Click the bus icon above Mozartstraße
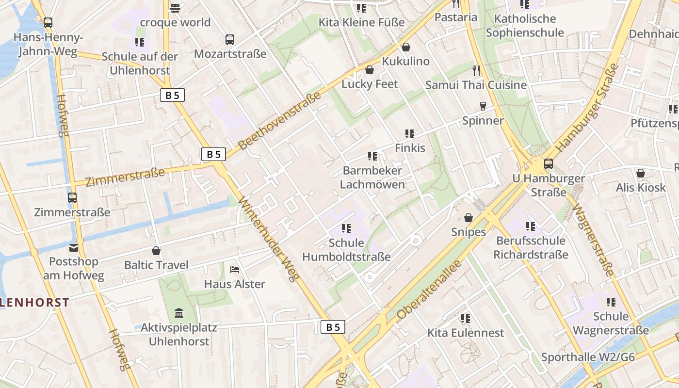point(230,40)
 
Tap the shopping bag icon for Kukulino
point(406,47)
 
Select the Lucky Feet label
point(370,84)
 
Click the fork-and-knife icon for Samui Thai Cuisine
point(476,71)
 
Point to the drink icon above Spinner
point(483,106)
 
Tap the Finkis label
point(410,147)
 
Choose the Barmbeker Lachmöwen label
point(372,178)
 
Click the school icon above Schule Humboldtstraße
point(346,228)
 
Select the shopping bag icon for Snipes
point(469,218)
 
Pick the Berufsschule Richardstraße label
point(531,247)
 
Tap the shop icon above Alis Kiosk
point(641,173)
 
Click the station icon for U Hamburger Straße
point(549,164)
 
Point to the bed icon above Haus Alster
point(235,270)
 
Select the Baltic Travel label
point(156,265)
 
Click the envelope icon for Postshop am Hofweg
point(73,248)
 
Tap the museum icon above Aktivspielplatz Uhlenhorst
point(178,313)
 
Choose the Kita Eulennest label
point(466,333)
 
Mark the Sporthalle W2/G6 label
point(588,357)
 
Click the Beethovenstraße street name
point(280,120)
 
